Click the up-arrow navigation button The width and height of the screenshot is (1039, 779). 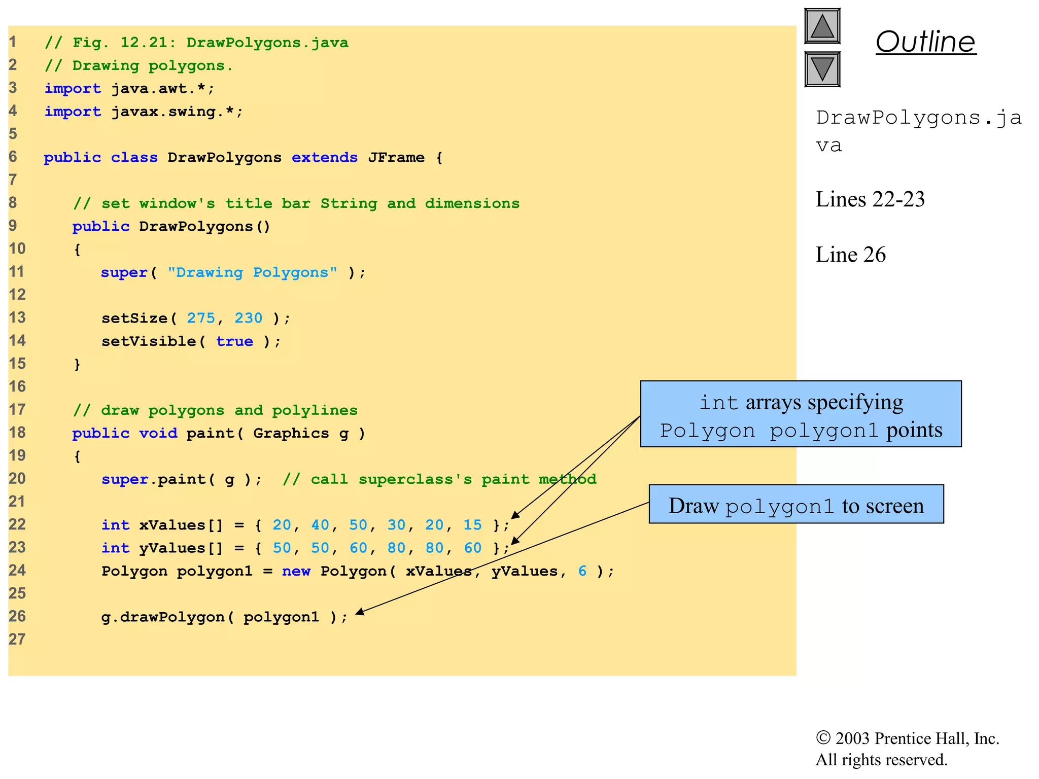(x=822, y=26)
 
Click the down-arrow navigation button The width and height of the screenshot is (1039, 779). (x=822, y=69)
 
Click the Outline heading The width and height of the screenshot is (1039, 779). (x=925, y=42)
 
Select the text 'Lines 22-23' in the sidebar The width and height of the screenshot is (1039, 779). (x=870, y=199)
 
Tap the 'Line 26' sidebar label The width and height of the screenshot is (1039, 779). (x=850, y=255)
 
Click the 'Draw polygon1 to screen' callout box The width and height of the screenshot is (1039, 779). (x=795, y=504)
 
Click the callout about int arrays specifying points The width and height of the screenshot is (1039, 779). (x=800, y=414)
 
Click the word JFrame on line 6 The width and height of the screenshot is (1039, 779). (x=396, y=158)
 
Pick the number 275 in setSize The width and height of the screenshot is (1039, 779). (x=201, y=318)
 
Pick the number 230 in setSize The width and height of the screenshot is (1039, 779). (x=248, y=318)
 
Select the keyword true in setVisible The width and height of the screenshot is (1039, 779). (x=234, y=341)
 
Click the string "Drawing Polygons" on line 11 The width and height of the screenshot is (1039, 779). (x=252, y=272)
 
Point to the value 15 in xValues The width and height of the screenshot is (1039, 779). (x=472, y=525)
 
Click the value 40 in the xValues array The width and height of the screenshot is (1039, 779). (x=320, y=525)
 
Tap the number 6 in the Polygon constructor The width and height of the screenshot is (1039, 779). (x=582, y=571)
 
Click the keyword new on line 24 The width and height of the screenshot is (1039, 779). (x=296, y=571)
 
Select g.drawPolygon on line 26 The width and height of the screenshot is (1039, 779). (x=162, y=617)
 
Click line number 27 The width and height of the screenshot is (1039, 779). (x=17, y=640)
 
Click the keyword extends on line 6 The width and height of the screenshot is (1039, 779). (x=324, y=158)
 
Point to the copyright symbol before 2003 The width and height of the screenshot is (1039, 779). (x=822, y=738)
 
